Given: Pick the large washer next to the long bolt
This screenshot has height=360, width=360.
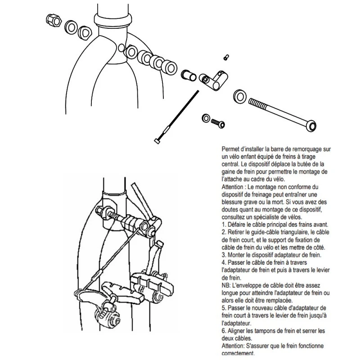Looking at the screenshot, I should [x=239, y=96].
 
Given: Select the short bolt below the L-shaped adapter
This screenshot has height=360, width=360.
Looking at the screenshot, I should [x=219, y=122].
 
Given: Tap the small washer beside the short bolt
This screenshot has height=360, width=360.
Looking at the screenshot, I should [x=206, y=118].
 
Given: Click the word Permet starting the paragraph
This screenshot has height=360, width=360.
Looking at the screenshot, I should [x=232, y=148].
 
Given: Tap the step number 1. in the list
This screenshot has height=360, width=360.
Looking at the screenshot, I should [x=224, y=225].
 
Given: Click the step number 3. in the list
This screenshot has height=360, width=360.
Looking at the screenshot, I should [x=224, y=255].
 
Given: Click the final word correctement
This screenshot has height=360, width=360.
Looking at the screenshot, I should [x=238, y=353].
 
